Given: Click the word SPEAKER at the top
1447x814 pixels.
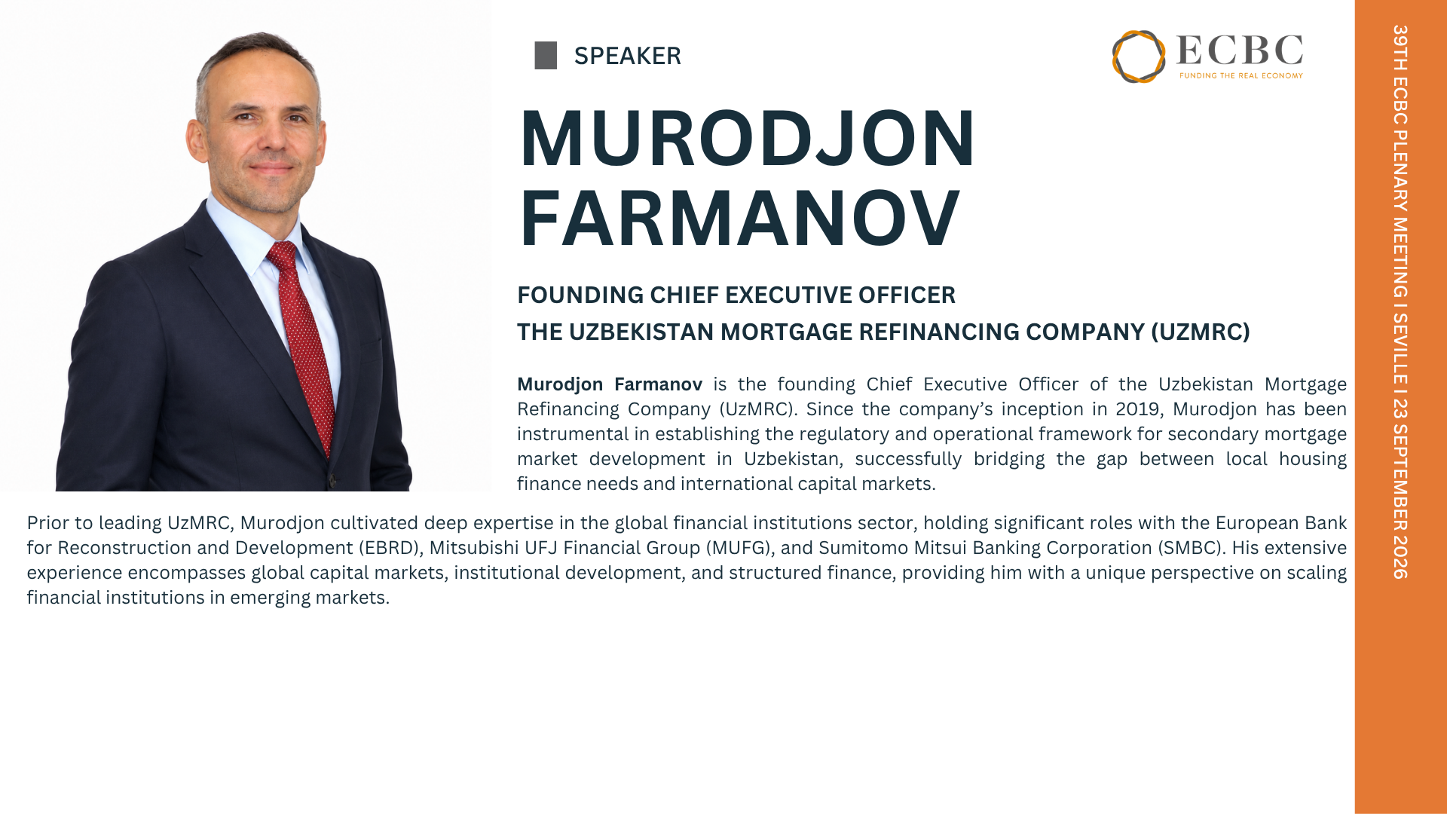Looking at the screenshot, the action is click(627, 56).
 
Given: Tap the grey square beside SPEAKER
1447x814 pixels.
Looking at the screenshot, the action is click(546, 56).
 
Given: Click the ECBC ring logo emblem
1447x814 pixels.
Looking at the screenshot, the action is click(1139, 57).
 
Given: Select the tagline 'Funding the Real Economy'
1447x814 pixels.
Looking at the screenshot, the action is click(1241, 75).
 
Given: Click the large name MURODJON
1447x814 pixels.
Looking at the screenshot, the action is click(747, 139).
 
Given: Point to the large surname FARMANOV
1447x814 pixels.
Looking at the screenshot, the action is click(739, 219).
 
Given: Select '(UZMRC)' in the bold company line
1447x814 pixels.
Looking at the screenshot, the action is click(1201, 332).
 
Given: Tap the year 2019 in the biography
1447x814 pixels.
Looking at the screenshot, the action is click(1138, 409).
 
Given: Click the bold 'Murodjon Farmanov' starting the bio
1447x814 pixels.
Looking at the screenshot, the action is click(610, 384).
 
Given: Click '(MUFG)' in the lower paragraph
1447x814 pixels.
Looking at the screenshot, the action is click(739, 548).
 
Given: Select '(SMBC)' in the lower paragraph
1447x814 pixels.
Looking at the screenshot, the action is click(1190, 548).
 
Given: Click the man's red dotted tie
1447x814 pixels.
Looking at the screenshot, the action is click(305, 347).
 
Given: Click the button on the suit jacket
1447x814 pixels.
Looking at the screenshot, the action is click(330, 480).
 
